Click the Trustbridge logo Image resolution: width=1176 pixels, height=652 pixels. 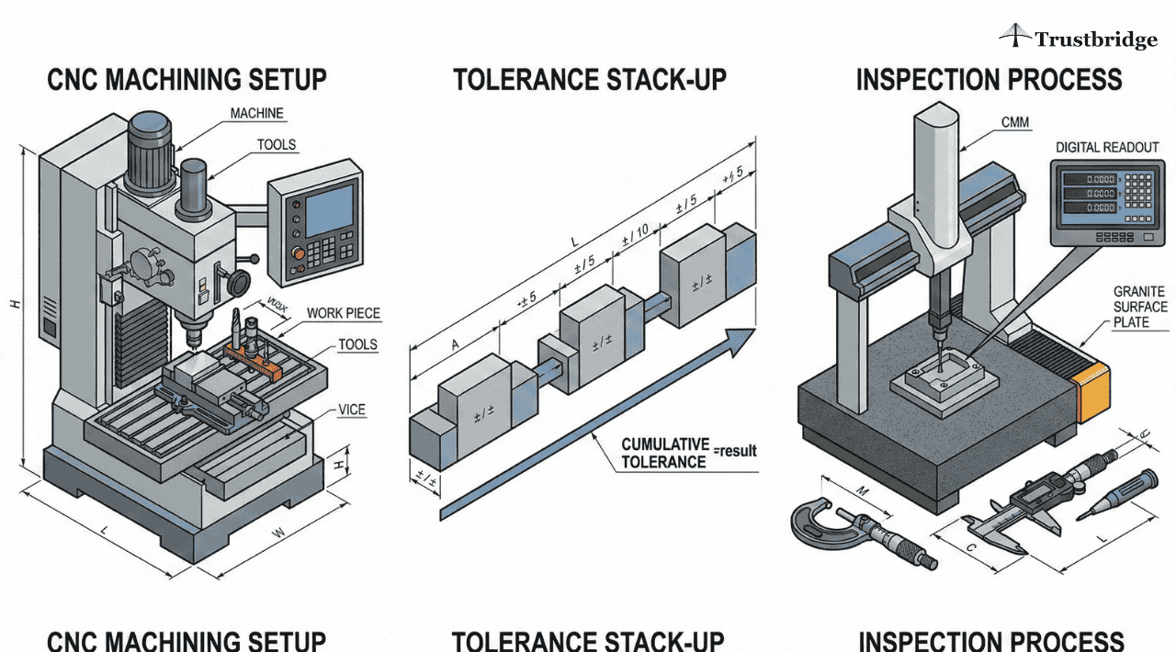(1078, 39)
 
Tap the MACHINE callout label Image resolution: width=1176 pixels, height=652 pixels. (256, 113)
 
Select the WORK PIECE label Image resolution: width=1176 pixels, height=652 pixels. (344, 313)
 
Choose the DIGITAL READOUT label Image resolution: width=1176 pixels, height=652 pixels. (1107, 147)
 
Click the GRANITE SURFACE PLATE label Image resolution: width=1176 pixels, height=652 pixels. (1140, 307)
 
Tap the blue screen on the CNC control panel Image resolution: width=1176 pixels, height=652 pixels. (330, 208)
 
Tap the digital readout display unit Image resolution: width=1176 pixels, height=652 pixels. (1106, 203)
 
